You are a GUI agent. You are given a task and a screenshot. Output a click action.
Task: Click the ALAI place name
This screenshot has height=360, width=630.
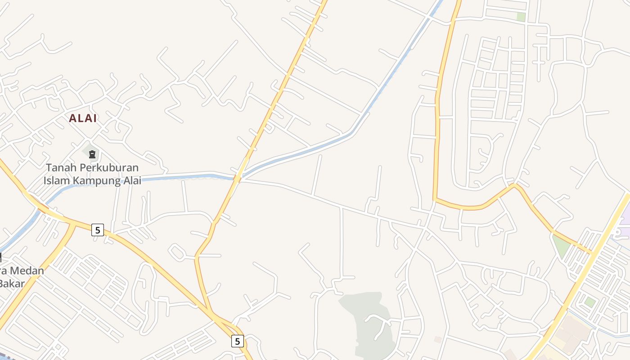coord(83,118)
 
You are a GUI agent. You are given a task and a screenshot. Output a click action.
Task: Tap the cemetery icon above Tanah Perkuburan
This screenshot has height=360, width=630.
coord(92,154)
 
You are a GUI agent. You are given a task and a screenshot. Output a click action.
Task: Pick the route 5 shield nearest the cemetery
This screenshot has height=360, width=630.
coord(97,230)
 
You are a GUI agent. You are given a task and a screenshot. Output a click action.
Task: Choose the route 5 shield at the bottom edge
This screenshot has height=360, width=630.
coord(238,341)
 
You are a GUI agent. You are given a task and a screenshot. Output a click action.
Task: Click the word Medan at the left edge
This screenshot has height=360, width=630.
coord(27,271)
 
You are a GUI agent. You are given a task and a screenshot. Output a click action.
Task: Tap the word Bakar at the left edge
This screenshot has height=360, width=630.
coord(11,283)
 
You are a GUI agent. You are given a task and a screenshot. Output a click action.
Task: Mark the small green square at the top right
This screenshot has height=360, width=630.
coord(521,17)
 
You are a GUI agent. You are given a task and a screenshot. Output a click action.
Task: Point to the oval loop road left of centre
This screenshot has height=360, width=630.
coord(177,252)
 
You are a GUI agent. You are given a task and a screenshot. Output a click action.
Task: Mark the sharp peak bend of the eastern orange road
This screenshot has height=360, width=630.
coord(515,184)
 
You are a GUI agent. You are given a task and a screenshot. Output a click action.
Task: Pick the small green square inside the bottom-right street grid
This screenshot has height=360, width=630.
coord(590,302)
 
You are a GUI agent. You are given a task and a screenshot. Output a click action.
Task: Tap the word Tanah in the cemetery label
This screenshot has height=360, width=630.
coord(61,168)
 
